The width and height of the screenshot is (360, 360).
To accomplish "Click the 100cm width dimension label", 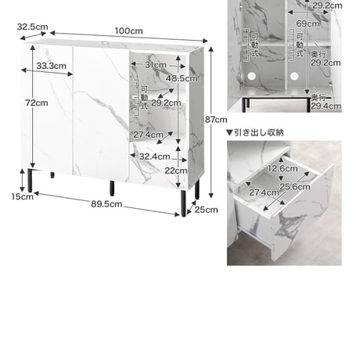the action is [x=129, y=31].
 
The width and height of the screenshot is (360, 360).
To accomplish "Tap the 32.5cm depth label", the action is [x=33, y=27].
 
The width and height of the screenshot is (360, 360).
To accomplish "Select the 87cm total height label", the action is [x=216, y=120].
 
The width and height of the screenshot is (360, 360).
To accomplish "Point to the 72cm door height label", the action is [x=37, y=103].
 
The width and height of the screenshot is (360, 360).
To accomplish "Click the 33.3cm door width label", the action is [x=52, y=66].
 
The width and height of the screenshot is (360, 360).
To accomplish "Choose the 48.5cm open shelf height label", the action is [x=182, y=78].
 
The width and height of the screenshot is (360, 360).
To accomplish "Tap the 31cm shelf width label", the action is [x=156, y=65].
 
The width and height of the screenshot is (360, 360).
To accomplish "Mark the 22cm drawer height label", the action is [x=176, y=171].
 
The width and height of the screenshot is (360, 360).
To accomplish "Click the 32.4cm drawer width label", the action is [x=155, y=157].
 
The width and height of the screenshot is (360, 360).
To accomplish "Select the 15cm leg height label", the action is [x=23, y=196].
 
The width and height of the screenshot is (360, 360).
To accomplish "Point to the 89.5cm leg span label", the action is [x=106, y=203].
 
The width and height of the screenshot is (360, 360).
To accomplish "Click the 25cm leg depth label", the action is [x=206, y=210].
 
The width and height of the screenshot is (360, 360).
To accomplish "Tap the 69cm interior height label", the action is [x=308, y=23].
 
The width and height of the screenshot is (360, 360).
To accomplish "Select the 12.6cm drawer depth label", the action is [x=283, y=168].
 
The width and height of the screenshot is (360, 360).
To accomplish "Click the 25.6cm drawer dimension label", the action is [x=295, y=186].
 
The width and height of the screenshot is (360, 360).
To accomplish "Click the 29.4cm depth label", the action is [x=326, y=106].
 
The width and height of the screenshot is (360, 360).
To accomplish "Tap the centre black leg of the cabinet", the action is [x=112, y=189].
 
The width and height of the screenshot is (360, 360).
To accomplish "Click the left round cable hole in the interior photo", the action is [x=251, y=76].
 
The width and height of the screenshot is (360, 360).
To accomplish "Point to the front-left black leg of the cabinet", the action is [x=30, y=181].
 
